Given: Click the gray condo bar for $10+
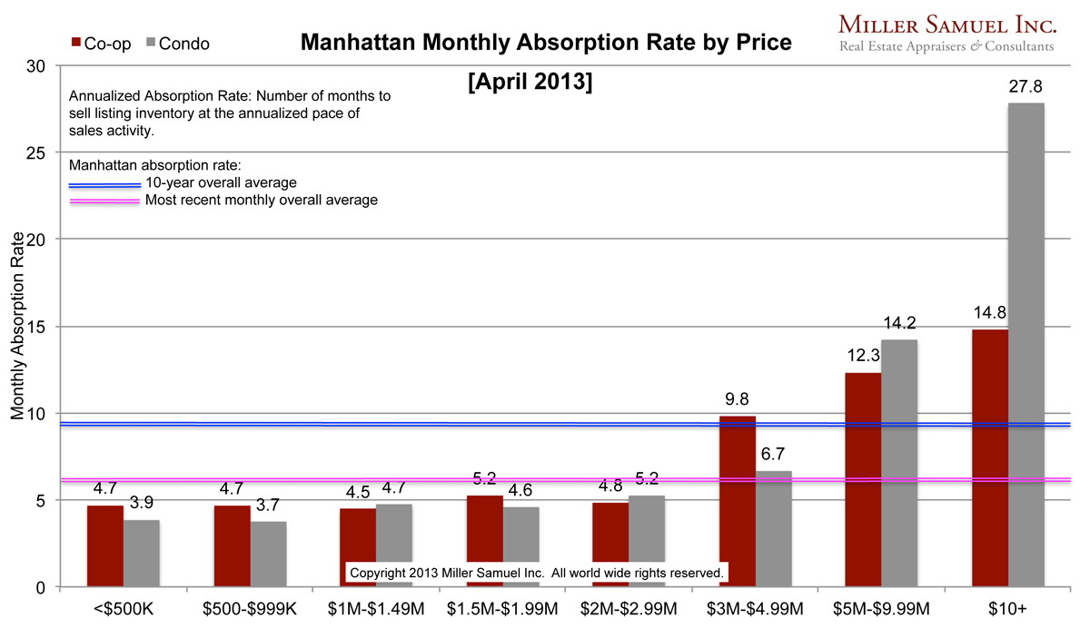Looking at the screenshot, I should click(1026, 345).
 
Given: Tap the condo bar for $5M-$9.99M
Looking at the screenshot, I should click(899, 463).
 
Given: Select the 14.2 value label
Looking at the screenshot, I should click(899, 323).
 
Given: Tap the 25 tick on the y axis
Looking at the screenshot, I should click(36, 152).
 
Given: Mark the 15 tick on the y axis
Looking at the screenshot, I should click(36, 326).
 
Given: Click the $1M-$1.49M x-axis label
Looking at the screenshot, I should click(375, 610).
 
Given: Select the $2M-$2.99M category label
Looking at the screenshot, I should click(629, 610).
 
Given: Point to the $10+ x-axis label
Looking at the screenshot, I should click(1008, 610).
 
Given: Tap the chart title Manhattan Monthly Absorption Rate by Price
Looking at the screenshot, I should click(545, 43).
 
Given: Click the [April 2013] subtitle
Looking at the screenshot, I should click(530, 83).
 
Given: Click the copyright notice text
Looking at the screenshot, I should click(536, 574).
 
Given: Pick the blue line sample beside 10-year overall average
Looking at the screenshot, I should click(104, 184).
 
